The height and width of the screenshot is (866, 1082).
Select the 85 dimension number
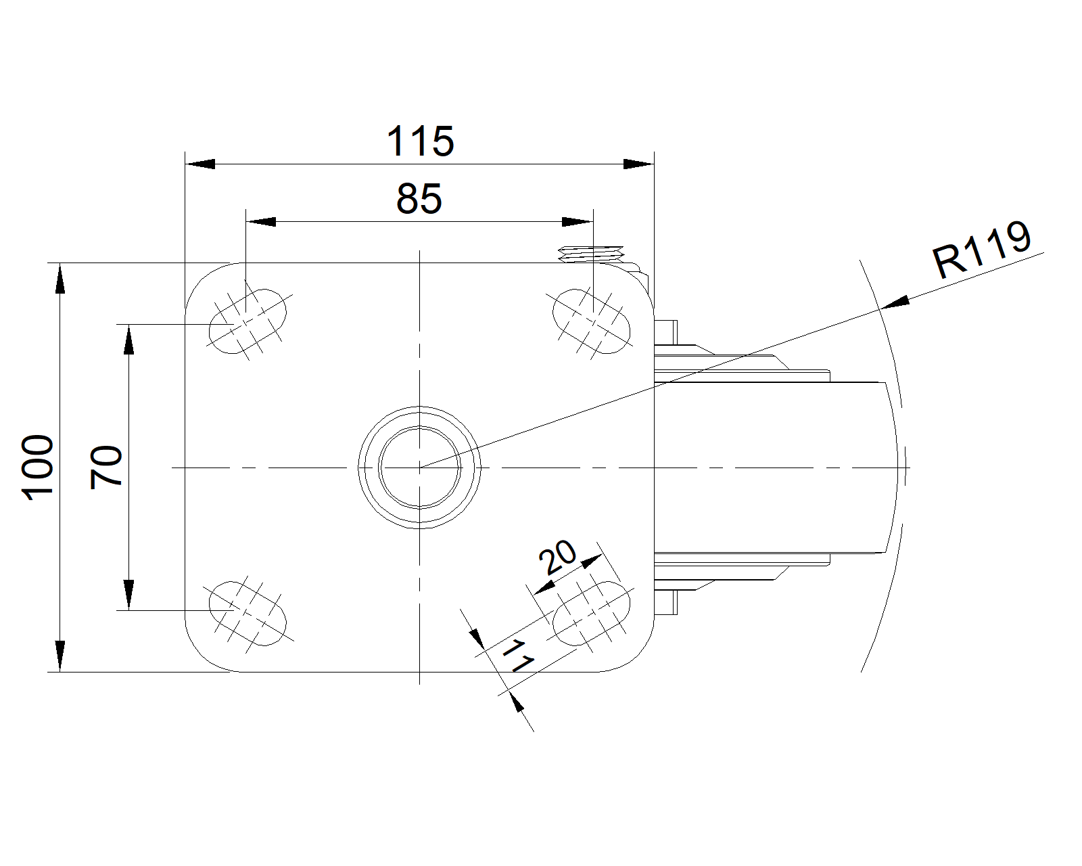[419, 199]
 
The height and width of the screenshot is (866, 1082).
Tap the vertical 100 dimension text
[37, 468]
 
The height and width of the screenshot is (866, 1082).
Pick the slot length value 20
[557, 557]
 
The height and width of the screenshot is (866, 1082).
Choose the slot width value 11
[518, 656]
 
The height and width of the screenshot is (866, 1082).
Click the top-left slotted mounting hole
[248, 321]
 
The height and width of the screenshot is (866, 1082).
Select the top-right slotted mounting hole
[591, 321]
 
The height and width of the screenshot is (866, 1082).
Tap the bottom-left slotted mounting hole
[248, 614]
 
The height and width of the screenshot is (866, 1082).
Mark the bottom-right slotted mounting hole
[591, 614]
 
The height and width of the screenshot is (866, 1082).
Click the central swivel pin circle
[419, 468]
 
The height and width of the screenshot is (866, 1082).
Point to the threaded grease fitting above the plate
[591, 254]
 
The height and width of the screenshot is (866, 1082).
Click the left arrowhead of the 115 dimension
[200, 164]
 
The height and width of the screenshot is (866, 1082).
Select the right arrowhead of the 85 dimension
[578, 222]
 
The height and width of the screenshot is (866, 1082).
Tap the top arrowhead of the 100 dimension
[60, 278]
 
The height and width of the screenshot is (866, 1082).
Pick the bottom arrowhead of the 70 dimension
[128, 595]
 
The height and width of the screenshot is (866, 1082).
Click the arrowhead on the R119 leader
[895, 302]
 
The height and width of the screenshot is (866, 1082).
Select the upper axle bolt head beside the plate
[666, 332]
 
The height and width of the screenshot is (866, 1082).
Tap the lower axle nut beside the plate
[666, 602]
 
